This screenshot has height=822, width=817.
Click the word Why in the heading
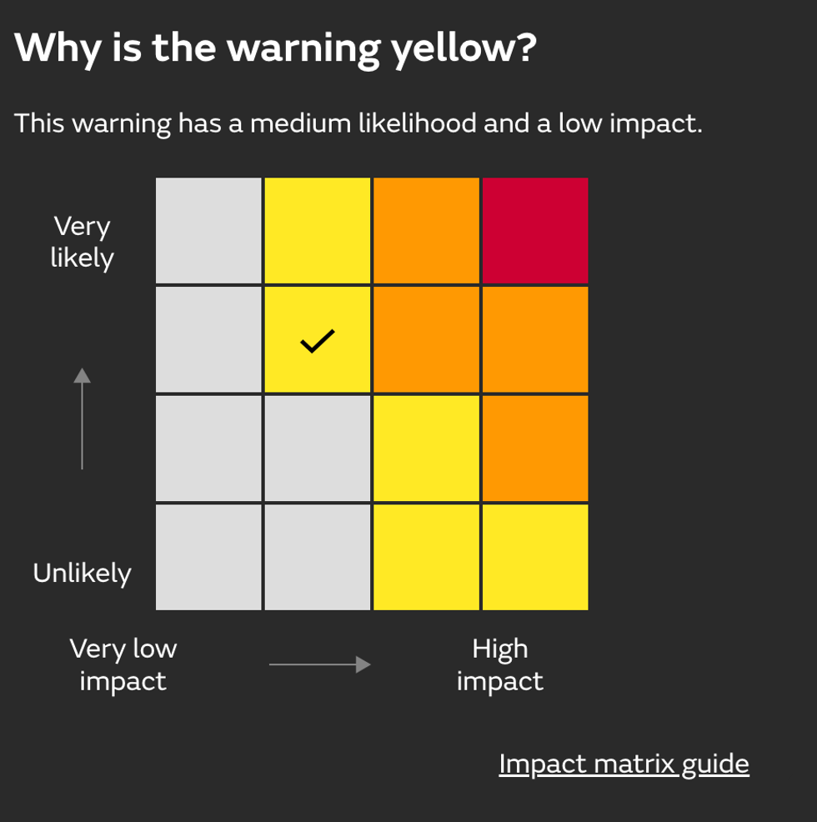point(55,49)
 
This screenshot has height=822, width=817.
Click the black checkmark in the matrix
point(317,340)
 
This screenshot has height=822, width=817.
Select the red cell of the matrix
point(535,231)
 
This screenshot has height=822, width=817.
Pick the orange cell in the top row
point(426,231)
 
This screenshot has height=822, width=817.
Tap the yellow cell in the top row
point(317,231)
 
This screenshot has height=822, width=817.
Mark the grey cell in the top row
point(208,231)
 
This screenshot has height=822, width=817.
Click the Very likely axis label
point(82,242)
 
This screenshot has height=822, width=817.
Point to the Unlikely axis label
point(82,573)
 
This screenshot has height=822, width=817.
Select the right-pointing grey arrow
point(319,664)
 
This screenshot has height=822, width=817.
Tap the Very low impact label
point(123,664)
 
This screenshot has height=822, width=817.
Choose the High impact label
point(500,664)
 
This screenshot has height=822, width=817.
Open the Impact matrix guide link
point(624,764)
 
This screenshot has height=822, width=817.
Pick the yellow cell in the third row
point(426,449)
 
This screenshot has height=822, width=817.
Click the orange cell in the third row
point(535,449)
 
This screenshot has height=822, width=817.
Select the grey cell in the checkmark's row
point(208,340)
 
